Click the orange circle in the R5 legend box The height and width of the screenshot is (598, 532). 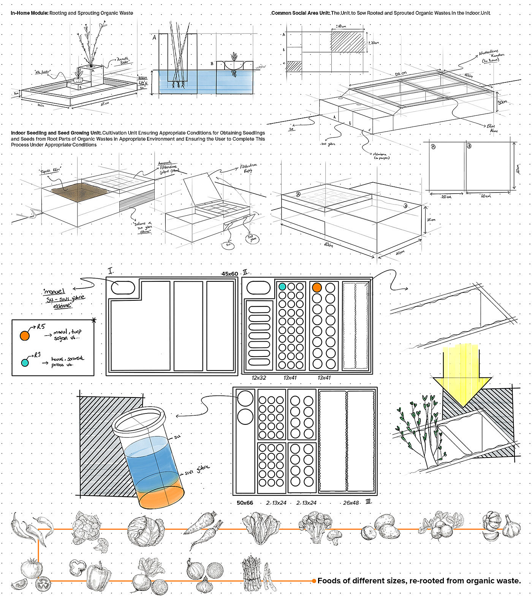[24, 336]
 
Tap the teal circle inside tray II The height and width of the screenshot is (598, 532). [282, 287]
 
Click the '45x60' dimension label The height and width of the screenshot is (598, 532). [230, 274]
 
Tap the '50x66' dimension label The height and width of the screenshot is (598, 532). [245, 503]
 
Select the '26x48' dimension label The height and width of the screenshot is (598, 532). [351, 503]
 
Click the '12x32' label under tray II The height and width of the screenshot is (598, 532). [259, 378]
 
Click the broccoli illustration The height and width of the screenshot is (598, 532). [317, 527]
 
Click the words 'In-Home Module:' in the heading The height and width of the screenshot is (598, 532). [30, 13]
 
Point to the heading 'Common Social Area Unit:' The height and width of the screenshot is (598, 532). [301, 13]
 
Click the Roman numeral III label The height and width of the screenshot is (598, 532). [368, 502]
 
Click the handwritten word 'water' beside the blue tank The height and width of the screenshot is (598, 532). [261, 66]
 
